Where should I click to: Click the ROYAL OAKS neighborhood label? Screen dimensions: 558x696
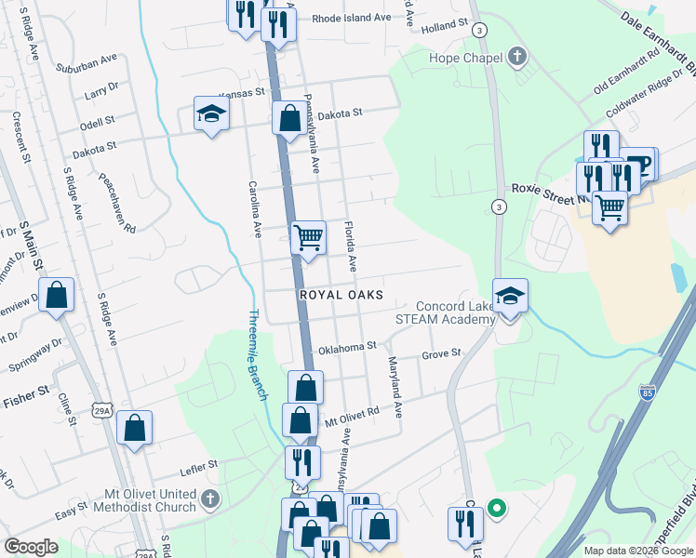(x=341, y=294)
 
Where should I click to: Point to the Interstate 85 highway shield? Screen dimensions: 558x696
(x=648, y=392)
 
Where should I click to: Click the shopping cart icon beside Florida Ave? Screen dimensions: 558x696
(x=307, y=238)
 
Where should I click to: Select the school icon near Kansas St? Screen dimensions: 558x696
(x=211, y=114)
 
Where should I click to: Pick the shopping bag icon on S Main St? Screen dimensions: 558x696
(x=57, y=296)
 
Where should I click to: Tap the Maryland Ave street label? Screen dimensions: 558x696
(x=395, y=386)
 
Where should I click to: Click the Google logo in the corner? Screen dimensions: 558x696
(x=31, y=547)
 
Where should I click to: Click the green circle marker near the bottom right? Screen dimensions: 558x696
(x=497, y=509)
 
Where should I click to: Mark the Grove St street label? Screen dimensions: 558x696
(x=441, y=353)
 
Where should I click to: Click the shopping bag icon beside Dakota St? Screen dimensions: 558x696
(x=289, y=119)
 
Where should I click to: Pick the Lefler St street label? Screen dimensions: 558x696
(x=198, y=462)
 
